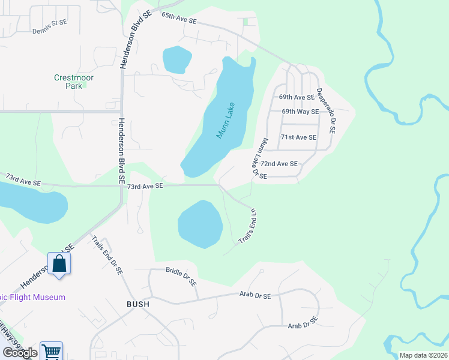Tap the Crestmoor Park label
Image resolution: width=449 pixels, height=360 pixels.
(74, 82)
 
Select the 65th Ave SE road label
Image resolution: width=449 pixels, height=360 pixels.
(179, 20)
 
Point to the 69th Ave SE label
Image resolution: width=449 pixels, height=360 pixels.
(297, 97)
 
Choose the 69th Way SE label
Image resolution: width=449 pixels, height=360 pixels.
(300, 112)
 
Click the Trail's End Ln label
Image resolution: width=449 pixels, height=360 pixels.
(249, 226)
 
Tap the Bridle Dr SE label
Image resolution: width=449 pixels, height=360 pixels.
(181, 277)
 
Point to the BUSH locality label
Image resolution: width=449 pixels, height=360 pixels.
(137, 304)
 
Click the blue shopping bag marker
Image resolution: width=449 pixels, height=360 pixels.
(59, 264)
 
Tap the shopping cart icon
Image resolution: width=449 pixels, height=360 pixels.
(52, 352)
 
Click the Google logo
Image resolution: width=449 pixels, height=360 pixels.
(19, 352)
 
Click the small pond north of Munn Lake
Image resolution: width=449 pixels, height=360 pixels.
(176, 59)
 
